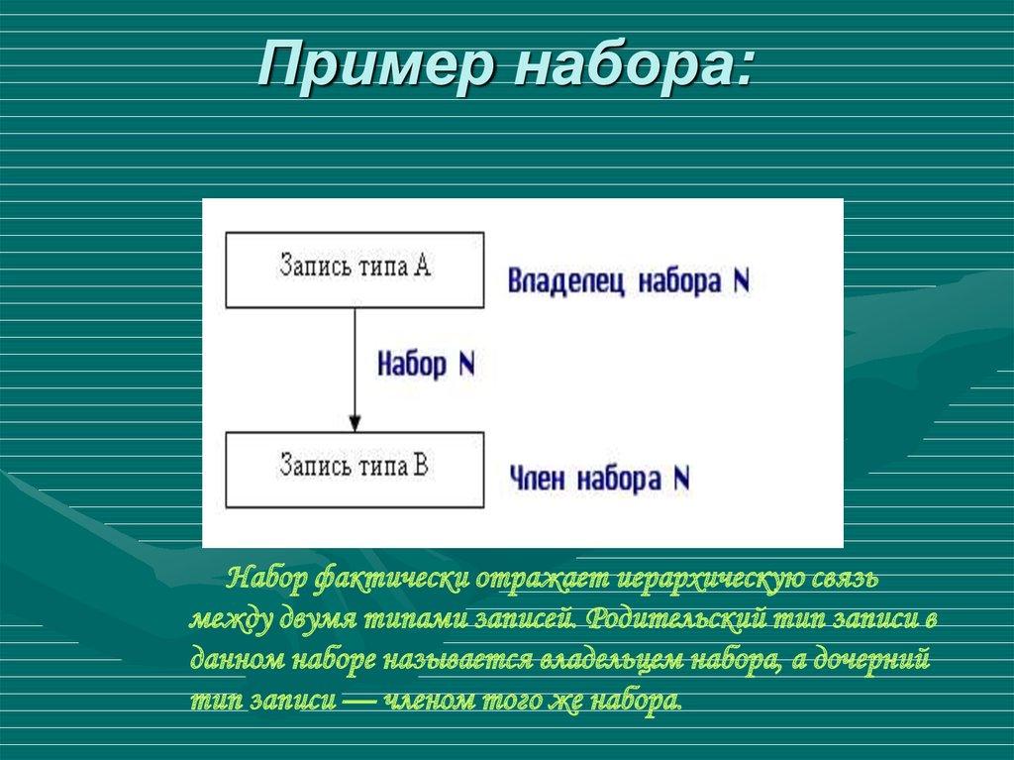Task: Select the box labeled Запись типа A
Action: pyautogui.click(x=355, y=270)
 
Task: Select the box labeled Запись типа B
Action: pyautogui.click(x=355, y=469)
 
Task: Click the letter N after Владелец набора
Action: pyautogui.click(x=741, y=281)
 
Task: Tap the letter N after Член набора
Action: pyautogui.click(x=681, y=481)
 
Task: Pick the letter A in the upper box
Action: pyautogui.click(x=421, y=267)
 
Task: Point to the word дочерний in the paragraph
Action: pyautogui.click(x=872, y=660)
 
